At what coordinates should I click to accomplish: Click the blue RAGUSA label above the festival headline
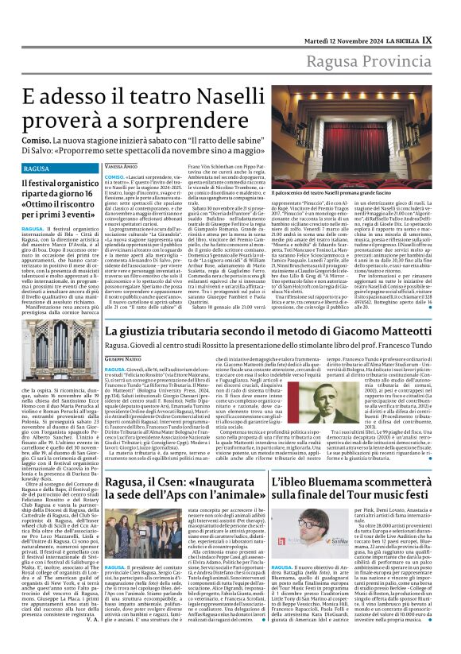(37, 169)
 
